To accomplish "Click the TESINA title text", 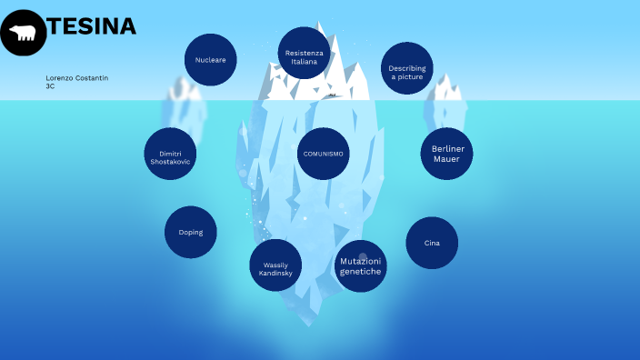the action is (92, 26).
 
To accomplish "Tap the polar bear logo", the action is (23, 33).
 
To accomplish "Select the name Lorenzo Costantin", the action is (77, 78).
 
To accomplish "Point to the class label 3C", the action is (50, 86).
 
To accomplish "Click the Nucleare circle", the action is (210, 60).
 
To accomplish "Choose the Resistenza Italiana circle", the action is (304, 54).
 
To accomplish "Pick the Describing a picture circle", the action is (406, 69).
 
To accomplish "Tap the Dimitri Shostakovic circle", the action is (170, 155).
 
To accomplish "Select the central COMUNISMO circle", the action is (323, 154).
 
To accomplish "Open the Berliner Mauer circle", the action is (446, 154).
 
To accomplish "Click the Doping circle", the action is (191, 232).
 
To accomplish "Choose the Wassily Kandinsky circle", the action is (275, 265).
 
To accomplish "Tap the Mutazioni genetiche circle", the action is (361, 265).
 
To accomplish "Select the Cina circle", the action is (432, 243).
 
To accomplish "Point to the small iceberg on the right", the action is (447, 102).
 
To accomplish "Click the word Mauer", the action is (446, 159).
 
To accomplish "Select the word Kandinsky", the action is (275, 273).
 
